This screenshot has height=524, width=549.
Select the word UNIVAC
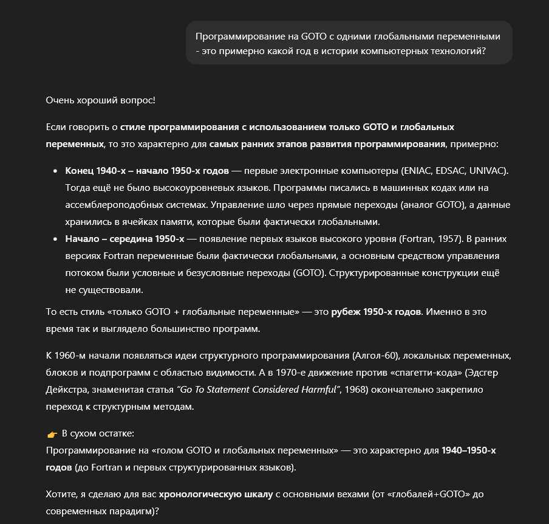click(x=486, y=171)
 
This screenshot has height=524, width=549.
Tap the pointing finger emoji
click(x=52, y=434)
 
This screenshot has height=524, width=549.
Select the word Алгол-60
click(x=380, y=356)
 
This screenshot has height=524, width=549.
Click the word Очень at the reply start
click(x=60, y=100)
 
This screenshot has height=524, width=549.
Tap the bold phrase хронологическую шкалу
click(x=216, y=494)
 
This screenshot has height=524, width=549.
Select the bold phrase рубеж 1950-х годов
click(x=376, y=312)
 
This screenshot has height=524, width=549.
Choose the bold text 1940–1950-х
click(x=469, y=450)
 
